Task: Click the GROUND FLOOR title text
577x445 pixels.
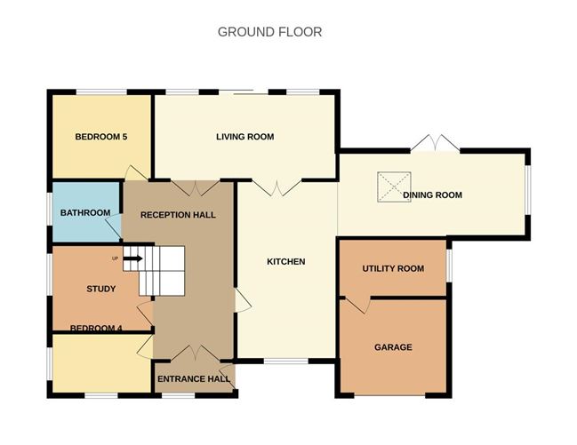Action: (x=269, y=32)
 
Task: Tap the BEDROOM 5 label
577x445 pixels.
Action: (x=101, y=137)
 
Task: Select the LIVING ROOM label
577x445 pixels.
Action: (x=244, y=137)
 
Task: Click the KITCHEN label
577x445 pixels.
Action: (x=286, y=262)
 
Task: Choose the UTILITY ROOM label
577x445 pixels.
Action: (x=393, y=268)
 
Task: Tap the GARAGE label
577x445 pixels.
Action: (x=393, y=347)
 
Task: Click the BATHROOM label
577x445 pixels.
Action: (x=85, y=213)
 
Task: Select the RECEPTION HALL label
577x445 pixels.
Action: (x=178, y=215)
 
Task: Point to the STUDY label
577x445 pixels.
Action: (x=101, y=289)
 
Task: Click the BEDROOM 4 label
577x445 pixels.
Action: (x=96, y=329)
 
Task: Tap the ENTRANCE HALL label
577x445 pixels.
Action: (x=194, y=379)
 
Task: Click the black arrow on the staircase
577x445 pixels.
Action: (x=132, y=259)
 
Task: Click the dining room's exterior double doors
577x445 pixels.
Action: (x=436, y=143)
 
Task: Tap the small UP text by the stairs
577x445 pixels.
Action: (x=115, y=258)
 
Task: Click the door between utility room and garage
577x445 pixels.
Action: (x=357, y=305)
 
